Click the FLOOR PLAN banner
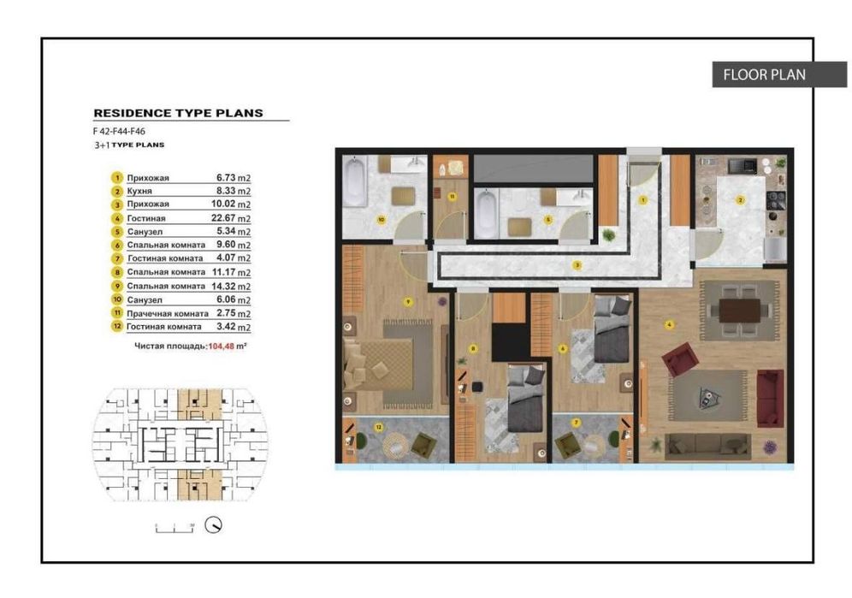coord(764,74)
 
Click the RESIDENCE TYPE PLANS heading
coord(178,112)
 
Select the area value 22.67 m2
coord(234,218)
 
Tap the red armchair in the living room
coord(680,358)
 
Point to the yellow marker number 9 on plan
coord(408,301)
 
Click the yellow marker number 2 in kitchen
coord(741,199)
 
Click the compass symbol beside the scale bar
coord(215,524)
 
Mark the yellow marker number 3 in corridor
coord(577,265)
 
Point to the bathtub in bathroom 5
coord(485,212)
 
